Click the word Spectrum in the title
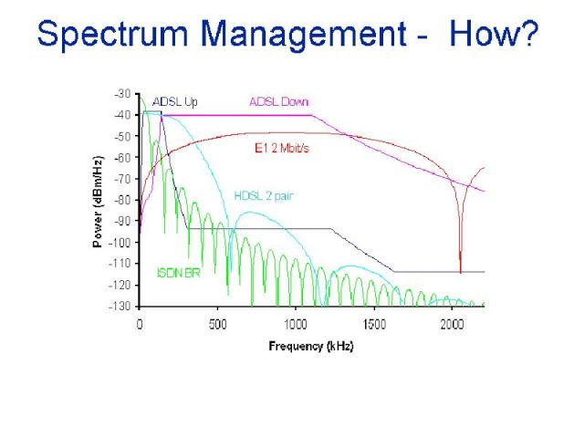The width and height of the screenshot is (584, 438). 112,35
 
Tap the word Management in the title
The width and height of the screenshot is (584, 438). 303,35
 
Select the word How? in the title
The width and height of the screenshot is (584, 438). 494,34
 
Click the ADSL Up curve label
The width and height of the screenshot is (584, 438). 174,101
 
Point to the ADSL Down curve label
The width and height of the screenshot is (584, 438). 279,101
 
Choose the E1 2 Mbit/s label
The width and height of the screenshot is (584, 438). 282,148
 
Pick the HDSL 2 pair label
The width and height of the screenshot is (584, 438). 264,195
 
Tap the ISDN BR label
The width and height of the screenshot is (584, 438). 179,273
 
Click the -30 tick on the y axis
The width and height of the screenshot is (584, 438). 122,93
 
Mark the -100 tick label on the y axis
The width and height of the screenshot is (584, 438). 120,243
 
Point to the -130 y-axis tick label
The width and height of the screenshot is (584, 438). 120,307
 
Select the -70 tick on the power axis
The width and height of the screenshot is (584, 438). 122,179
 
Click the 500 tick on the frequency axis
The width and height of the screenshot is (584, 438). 217,325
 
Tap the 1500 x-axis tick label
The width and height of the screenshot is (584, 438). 374,325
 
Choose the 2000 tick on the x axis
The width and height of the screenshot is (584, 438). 452,325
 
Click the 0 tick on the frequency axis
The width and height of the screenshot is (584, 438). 140,325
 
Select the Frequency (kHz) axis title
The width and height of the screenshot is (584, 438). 311,346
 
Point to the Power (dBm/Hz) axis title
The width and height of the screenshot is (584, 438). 98,202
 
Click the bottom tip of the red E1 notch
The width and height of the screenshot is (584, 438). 461,274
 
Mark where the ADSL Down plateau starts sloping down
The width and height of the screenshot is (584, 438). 312,115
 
